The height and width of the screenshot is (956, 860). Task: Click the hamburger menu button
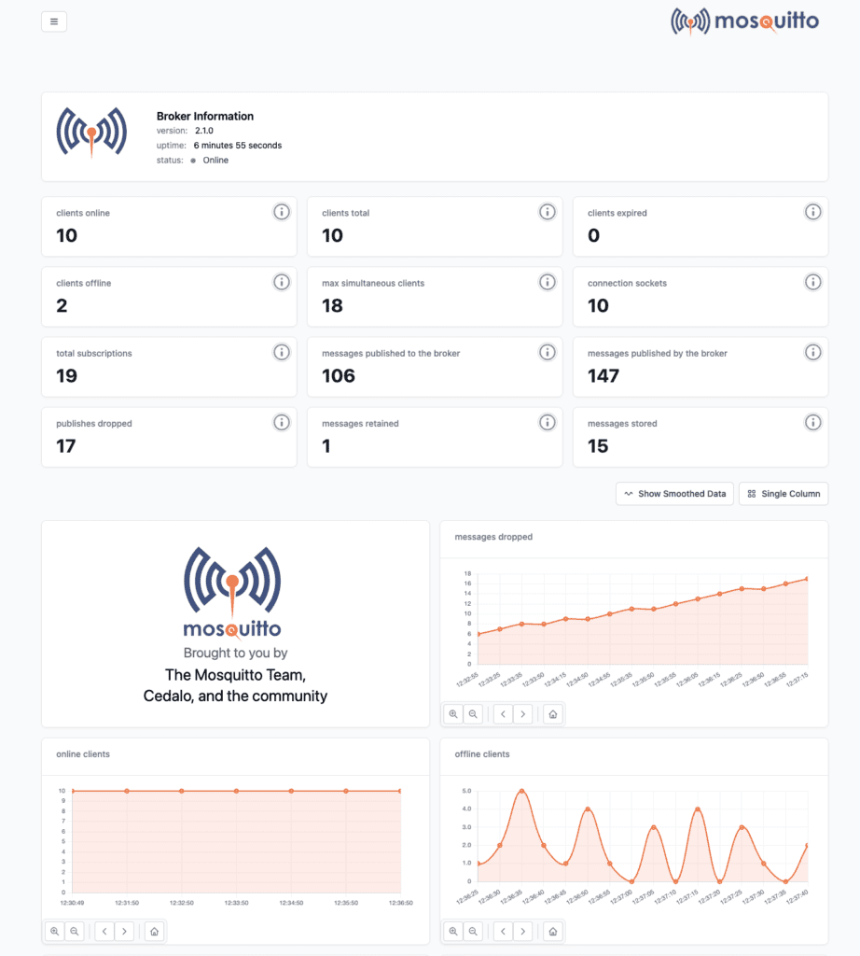(x=54, y=21)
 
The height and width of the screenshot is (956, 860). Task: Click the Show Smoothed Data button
(x=674, y=494)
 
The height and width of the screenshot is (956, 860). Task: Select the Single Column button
(x=784, y=494)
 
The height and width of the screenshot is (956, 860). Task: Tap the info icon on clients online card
(x=281, y=212)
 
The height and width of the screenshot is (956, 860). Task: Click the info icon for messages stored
(x=812, y=422)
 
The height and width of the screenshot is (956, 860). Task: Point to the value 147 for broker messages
(x=603, y=375)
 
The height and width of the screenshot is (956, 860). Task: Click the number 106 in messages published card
(x=339, y=375)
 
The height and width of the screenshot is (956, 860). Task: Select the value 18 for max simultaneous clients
(x=332, y=305)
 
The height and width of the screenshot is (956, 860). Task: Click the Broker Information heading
(x=205, y=117)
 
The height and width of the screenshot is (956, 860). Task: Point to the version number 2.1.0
(x=204, y=131)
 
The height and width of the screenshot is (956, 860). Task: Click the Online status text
(x=215, y=161)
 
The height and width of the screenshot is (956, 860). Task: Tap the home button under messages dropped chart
(x=552, y=714)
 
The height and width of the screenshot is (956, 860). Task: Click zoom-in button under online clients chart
(x=54, y=931)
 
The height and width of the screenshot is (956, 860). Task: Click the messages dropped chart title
(x=493, y=537)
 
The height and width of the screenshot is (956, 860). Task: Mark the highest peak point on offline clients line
(x=521, y=791)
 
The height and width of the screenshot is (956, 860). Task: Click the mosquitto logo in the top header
(x=744, y=21)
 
